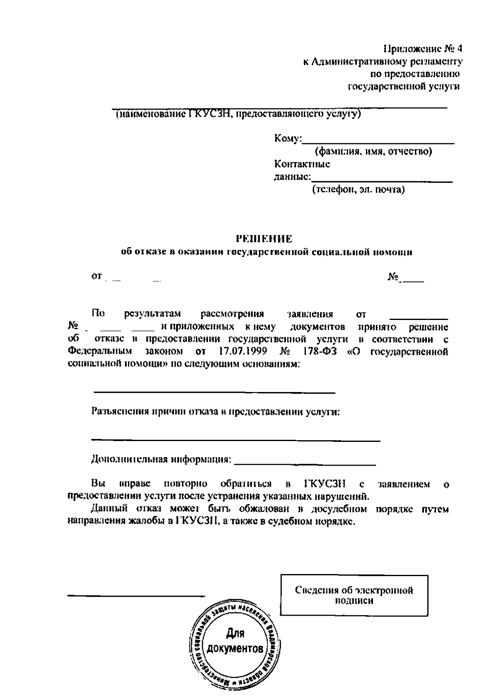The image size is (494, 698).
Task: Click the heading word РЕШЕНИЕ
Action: (264, 239)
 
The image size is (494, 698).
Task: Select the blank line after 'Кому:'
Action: (378, 142)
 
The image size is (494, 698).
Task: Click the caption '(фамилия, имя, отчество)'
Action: (373, 152)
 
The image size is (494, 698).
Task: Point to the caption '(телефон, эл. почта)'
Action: (358, 190)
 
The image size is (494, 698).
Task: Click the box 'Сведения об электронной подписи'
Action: (354, 595)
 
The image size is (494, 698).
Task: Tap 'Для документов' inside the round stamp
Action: (235, 642)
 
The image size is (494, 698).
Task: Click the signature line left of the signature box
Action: (136, 595)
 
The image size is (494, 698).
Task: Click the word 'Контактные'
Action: (302, 164)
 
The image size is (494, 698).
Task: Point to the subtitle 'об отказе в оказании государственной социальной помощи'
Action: (266, 252)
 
